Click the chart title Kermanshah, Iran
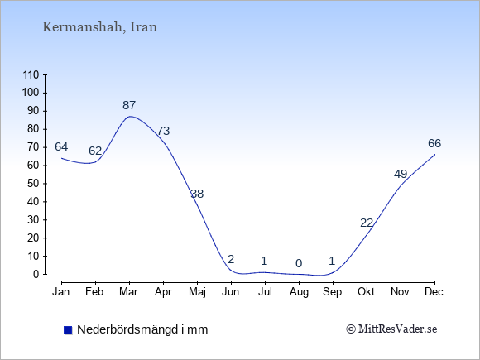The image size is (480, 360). (99, 27)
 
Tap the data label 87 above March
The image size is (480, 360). (129, 105)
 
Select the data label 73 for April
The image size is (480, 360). (163, 131)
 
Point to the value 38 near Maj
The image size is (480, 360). (197, 194)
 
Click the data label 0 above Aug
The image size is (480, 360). (299, 263)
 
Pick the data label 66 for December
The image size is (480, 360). (434, 143)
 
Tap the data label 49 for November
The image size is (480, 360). (401, 174)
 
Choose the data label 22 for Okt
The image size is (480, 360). (367, 223)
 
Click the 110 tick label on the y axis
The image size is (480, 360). (31, 74)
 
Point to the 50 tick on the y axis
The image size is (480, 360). (33, 184)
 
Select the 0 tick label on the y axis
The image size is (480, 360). (36, 274)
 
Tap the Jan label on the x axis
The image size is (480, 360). (61, 292)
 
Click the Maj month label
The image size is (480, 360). (197, 292)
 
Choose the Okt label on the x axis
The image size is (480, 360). (366, 292)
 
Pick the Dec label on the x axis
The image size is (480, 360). (434, 292)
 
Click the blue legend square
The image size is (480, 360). (68, 330)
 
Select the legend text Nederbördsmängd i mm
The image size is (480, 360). (142, 329)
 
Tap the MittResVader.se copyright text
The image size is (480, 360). (391, 329)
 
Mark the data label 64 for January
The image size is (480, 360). (61, 147)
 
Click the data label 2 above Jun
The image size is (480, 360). (231, 259)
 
